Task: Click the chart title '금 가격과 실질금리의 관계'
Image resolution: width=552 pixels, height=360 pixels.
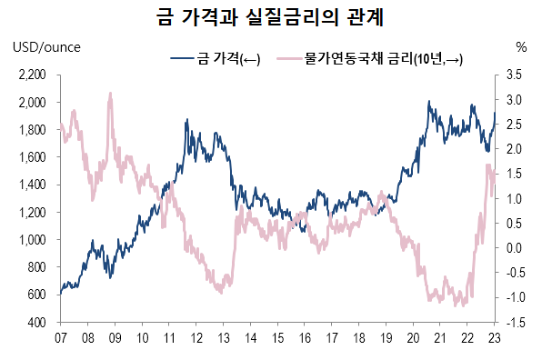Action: [x=276, y=17]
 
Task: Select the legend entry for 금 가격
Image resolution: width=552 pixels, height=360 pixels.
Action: [x=216, y=60]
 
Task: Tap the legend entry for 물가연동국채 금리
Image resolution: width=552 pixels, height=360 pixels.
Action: [x=373, y=60]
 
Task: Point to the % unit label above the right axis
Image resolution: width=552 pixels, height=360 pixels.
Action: [x=521, y=46]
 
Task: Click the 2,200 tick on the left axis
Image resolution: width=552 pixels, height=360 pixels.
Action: [x=33, y=75]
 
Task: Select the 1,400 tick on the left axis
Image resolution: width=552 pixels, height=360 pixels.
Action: [x=33, y=185]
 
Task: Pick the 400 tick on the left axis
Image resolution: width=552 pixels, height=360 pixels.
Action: [x=37, y=323]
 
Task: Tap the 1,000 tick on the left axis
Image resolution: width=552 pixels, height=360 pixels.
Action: [x=33, y=240]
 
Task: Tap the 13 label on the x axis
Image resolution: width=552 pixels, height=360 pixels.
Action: [x=223, y=337]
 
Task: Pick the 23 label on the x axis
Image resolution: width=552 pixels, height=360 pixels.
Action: [x=495, y=337]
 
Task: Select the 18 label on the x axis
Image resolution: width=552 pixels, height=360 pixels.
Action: [x=359, y=337]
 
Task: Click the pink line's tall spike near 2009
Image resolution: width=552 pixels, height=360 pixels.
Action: [x=110, y=93]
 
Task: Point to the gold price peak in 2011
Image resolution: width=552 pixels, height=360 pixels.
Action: [x=186, y=119]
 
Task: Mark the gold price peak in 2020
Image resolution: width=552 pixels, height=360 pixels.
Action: [x=428, y=102]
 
